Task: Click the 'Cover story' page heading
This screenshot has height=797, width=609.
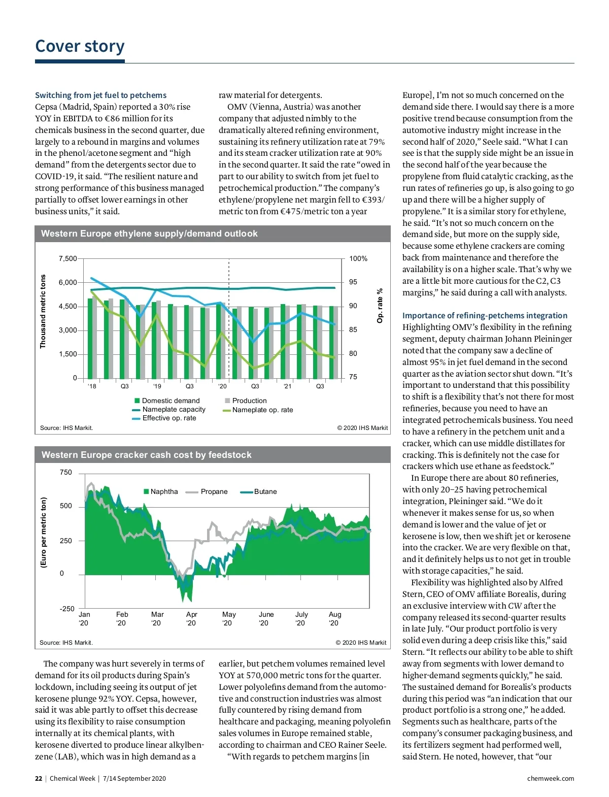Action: (80, 46)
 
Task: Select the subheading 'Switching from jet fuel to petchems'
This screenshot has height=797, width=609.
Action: (100, 95)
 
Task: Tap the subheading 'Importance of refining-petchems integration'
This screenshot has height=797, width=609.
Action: (485, 315)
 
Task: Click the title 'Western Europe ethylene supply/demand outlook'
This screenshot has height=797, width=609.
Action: (149, 234)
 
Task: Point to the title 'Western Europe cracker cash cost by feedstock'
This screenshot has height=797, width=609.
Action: (146, 455)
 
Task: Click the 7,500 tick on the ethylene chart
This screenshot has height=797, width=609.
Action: (67, 258)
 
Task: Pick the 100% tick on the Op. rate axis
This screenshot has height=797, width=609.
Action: (358, 258)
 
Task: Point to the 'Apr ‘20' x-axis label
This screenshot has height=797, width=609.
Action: (191, 618)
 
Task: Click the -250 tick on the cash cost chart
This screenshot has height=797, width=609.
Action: (67, 609)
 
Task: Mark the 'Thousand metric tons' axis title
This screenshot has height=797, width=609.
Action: (43, 312)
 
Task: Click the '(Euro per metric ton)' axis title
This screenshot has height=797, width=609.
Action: (44, 533)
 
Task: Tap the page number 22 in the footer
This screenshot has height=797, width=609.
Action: (39, 778)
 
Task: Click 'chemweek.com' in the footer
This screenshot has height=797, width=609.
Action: (551, 778)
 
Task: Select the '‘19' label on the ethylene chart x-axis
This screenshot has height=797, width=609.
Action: (157, 386)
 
